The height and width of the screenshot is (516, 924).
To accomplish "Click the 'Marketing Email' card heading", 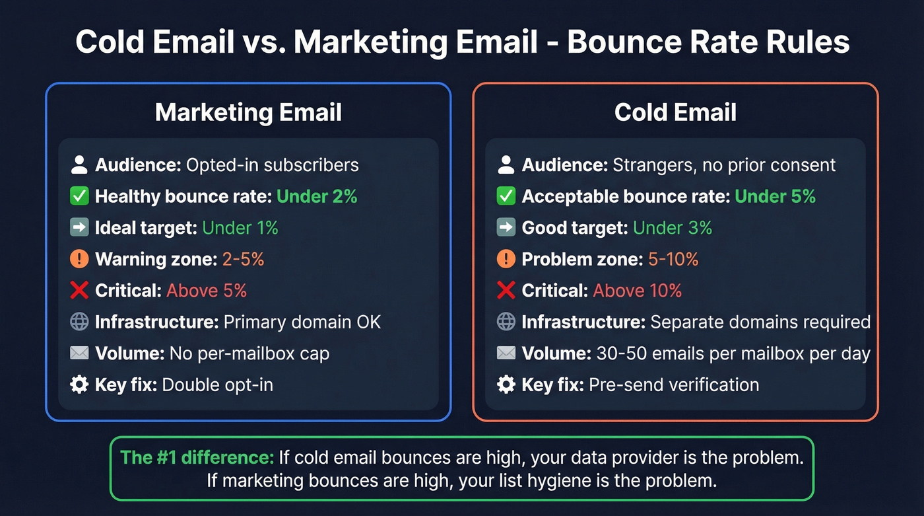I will [x=248, y=112].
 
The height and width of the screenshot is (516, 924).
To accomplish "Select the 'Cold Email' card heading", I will [x=675, y=112].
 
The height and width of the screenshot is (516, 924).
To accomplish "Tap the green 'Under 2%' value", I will [x=317, y=196].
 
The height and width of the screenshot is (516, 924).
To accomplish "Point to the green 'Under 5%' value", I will [x=775, y=196].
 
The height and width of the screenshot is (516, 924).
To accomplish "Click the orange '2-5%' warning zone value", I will [x=243, y=259].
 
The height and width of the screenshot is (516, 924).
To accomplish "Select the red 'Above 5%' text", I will [x=207, y=291].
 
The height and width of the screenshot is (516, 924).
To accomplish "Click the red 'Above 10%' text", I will [x=638, y=291].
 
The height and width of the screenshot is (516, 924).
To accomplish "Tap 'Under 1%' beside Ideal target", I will [x=240, y=228].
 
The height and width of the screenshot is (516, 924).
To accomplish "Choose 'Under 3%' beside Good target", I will [x=673, y=228].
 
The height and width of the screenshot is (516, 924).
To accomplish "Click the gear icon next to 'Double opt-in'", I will [x=79, y=385].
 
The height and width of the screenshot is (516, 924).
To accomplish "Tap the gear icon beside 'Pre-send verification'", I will [x=506, y=385].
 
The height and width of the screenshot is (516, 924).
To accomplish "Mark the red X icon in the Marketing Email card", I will [x=79, y=291].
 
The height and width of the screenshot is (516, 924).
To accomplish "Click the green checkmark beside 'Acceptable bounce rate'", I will [x=506, y=196].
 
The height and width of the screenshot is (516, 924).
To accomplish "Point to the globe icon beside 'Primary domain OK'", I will [x=79, y=322].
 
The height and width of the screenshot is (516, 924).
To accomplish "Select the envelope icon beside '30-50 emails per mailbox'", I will [x=506, y=353].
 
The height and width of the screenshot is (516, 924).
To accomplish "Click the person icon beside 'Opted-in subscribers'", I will [x=79, y=165].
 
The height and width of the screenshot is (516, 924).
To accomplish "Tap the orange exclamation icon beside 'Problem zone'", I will [x=506, y=259].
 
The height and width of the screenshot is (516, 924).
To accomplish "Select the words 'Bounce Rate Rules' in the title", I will [x=708, y=42].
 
